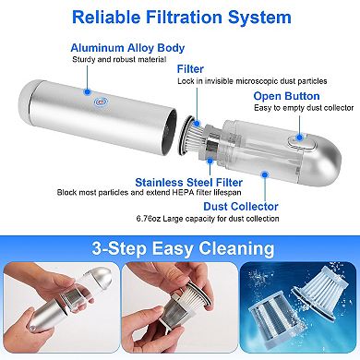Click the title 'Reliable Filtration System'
[x=180, y=17]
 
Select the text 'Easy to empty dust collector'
[x=302, y=108]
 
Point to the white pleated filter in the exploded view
[x=204, y=139]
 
